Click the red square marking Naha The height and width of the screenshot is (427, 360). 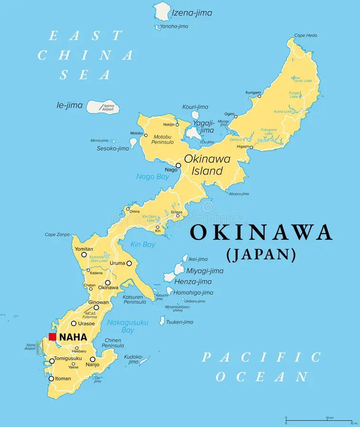tap(52, 337)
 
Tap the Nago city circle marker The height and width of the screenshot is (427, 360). tap(178, 166)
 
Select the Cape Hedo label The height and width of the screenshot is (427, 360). tap(305, 36)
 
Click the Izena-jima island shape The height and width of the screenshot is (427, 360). tap(162, 11)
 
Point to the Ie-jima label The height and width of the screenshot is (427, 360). tap(69, 105)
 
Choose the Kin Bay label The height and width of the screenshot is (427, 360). tap(142, 245)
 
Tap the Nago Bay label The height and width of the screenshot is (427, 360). tap(152, 176)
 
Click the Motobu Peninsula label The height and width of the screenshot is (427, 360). tap(163, 139)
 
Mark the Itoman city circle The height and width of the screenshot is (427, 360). tap(51, 379)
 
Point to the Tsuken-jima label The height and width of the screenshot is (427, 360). tap(180, 322)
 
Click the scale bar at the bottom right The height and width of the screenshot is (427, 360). tap(318, 420)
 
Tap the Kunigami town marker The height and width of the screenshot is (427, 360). tap(259, 96)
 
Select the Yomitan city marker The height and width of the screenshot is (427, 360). tap(84, 255)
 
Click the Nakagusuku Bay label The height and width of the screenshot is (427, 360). tap(127, 326)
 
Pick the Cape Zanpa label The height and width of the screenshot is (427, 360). tap(57, 234)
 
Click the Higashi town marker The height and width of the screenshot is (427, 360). tap(251, 147)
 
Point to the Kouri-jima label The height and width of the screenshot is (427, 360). tap(196, 107)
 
